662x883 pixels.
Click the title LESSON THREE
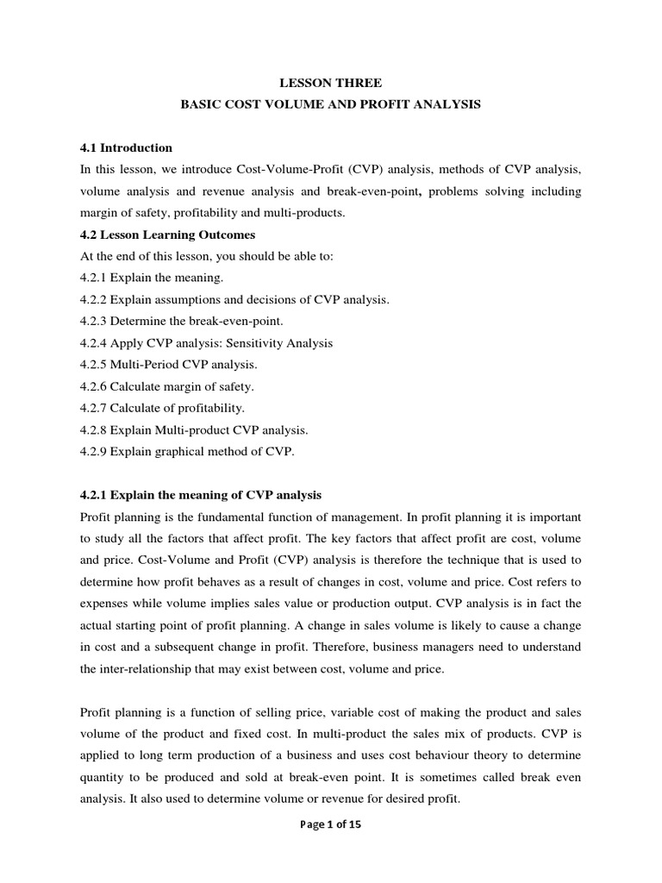(331, 83)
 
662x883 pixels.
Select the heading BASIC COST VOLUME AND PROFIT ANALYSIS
(331, 104)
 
